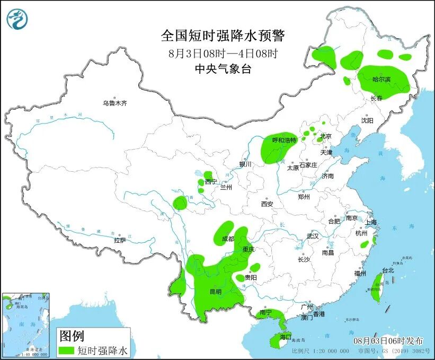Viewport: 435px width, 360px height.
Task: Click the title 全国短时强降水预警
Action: (x=223, y=36)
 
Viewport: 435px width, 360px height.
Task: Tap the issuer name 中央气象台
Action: (x=223, y=68)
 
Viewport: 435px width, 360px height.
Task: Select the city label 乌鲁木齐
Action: (x=115, y=103)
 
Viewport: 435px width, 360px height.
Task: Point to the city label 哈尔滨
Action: (x=381, y=80)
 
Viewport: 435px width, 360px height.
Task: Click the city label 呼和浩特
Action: (x=282, y=141)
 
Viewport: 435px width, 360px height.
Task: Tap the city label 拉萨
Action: (x=120, y=240)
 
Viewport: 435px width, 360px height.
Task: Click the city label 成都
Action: (x=228, y=239)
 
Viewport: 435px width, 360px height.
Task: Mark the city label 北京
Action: (x=325, y=136)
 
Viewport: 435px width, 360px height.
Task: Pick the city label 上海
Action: (x=370, y=222)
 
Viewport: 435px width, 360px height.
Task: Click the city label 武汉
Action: (x=313, y=236)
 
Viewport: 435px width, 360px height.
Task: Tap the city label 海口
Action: (x=285, y=337)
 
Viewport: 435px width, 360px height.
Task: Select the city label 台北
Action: (x=388, y=270)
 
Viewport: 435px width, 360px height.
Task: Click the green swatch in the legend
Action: (x=66, y=350)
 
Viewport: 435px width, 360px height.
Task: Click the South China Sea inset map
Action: (x=26, y=323)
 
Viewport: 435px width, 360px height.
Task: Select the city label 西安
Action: (x=267, y=204)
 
